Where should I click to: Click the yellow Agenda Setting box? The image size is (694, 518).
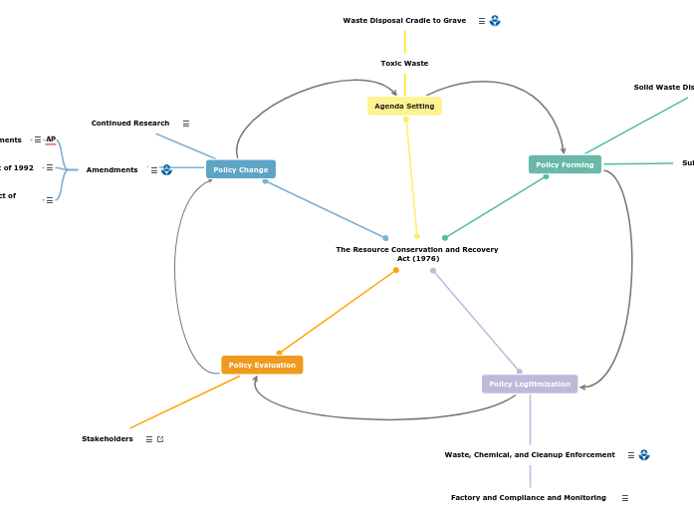pos(404,106)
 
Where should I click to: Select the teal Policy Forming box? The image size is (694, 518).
pos(565,164)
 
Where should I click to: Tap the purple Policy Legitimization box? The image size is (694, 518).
pos(530,384)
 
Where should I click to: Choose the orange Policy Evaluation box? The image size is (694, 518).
pos(262,365)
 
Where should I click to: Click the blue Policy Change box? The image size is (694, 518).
pos(241,169)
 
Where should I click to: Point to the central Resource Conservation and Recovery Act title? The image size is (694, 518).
pos(417,253)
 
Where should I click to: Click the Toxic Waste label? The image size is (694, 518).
pos(404,63)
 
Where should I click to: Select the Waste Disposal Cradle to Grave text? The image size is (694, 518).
pos(404,20)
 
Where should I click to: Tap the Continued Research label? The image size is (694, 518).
pos(130,124)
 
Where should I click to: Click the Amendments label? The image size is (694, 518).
pos(112,170)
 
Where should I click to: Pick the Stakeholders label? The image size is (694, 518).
pos(108,439)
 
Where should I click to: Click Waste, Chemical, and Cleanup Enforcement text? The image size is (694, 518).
pos(530,455)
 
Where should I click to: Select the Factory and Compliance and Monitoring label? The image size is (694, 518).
pos(529,498)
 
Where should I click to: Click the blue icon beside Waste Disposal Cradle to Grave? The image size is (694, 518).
pos(495,20)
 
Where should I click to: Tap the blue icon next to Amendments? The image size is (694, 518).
pos(167,170)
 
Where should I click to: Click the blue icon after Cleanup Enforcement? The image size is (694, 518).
pos(644,455)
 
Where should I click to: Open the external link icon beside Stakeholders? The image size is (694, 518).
pos(160,439)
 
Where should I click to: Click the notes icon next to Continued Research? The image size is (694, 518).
pos(186,124)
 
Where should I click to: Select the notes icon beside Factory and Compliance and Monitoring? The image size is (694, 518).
pos(625,498)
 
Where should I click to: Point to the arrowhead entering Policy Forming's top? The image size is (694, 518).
pos(564,151)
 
